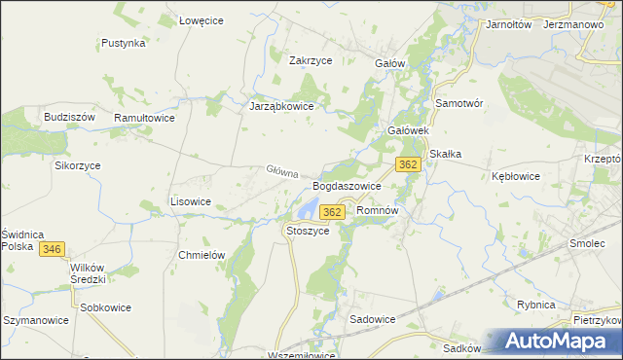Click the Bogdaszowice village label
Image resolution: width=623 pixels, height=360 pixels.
(x=346, y=185)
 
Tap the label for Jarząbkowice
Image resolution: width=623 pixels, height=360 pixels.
(x=281, y=107)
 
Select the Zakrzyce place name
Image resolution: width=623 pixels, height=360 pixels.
(x=311, y=59)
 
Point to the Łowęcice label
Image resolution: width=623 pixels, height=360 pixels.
(x=202, y=20)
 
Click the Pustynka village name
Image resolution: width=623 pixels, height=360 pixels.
(x=124, y=43)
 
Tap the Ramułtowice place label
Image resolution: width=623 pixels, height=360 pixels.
(x=144, y=117)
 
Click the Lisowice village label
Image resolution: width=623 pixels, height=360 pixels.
(x=191, y=201)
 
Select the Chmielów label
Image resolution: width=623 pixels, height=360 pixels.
(x=202, y=255)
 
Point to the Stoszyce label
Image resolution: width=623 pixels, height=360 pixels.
(x=308, y=231)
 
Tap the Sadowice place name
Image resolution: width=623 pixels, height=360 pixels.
(x=371, y=318)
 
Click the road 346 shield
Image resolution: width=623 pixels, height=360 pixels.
(x=53, y=250)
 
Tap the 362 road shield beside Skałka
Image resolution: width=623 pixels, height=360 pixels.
(x=409, y=164)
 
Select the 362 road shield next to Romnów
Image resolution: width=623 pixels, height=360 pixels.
(x=332, y=212)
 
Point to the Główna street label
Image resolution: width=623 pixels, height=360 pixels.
(x=281, y=172)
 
